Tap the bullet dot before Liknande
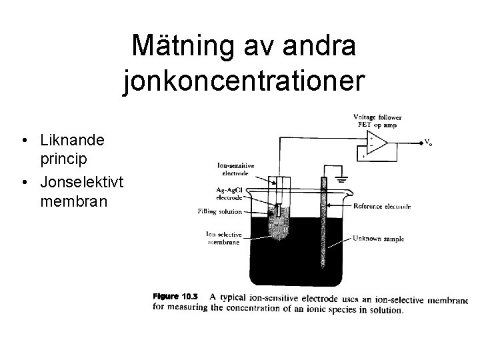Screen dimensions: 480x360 pyautogui.click(x=24, y=141)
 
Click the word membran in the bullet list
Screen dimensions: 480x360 pyautogui.click(x=73, y=201)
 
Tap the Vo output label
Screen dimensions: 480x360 pyautogui.click(x=430, y=142)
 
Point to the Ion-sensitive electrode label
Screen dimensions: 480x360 pyautogui.click(x=236, y=169)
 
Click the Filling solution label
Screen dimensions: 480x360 pyautogui.click(x=219, y=211)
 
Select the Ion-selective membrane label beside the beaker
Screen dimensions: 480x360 pyautogui.click(x=224, y=237)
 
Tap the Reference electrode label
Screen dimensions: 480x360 pyautogui.click(x=381, y=206)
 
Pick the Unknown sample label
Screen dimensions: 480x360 pyautogui.click(x=378, y=238)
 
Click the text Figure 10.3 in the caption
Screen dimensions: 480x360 pyautogui.click(x=175, y=297)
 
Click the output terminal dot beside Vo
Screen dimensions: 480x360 pyautogui.click(x=421, y=142)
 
